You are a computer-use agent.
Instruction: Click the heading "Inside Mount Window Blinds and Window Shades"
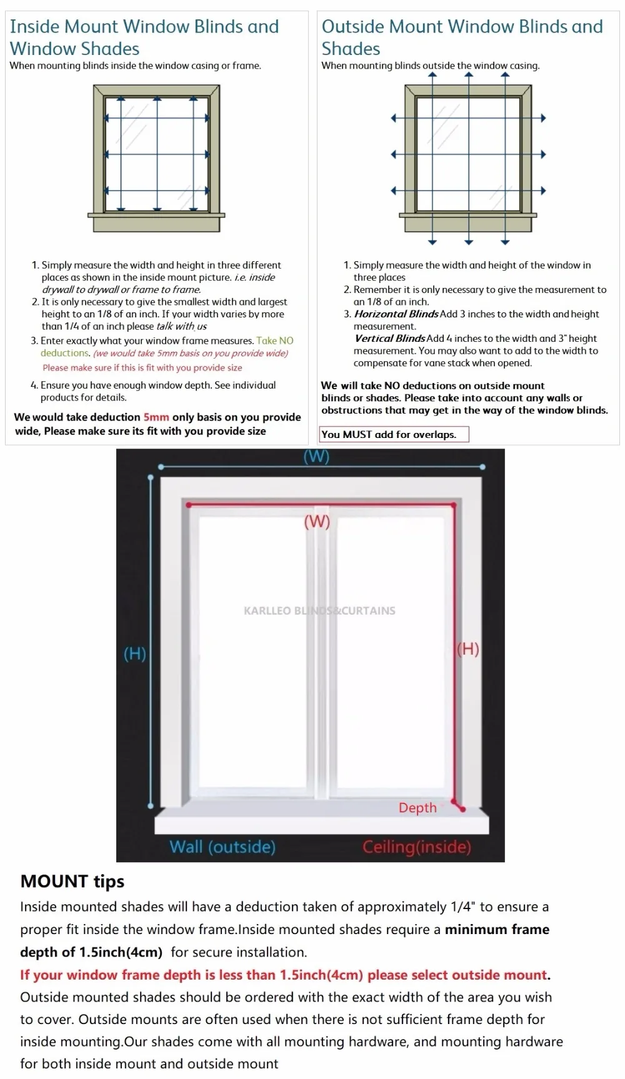point(144,37)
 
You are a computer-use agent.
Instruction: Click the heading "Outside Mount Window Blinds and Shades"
point(462,37)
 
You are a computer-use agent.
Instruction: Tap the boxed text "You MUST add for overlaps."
point(389,435)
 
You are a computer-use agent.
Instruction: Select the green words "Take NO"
point(274,341)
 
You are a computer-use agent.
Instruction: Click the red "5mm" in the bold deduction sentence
point(156,417)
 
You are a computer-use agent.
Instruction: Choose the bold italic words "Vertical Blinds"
point(390,339)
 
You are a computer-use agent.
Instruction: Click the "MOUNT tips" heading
point(72,881)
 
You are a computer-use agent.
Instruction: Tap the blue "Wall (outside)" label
point(222,847)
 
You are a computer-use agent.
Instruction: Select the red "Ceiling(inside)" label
point(417,847)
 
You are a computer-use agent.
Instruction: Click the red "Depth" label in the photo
point(417,807)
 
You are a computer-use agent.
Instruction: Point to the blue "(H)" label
point(134,654)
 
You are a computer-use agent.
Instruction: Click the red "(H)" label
point(468,649)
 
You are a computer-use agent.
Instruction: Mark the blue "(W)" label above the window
point(316,457)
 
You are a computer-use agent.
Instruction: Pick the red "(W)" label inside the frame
point(317,522)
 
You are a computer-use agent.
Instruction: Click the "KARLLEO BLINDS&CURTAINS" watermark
point(319,610)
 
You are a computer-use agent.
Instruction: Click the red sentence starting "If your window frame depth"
point(285,975)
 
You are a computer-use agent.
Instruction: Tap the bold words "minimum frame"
point(497,929)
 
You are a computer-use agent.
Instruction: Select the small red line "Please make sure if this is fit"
point(142,368)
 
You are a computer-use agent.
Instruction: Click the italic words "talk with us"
point(181,326)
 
